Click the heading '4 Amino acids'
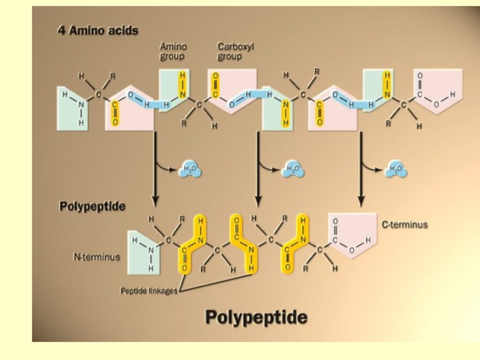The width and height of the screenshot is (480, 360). click(98, 31)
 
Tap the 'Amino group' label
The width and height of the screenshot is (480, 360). click(172, 51)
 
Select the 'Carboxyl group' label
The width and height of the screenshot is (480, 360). click(230, 51)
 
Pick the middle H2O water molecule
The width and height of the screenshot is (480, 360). click(293, 170)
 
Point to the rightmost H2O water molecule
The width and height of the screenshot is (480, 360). click(396, 170)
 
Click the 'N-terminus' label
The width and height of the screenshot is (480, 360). click(97, 257)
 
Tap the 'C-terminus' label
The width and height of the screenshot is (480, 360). click(404, 224)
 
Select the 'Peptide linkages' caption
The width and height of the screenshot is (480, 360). click(149, 291)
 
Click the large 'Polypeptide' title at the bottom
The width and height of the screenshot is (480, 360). click(256, 316)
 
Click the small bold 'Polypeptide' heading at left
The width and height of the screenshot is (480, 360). click(92, 206)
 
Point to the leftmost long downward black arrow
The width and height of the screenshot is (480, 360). click(155, 168)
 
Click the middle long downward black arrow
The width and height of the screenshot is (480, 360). click(258, 168)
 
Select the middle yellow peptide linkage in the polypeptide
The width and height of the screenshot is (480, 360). click(244, 243)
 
